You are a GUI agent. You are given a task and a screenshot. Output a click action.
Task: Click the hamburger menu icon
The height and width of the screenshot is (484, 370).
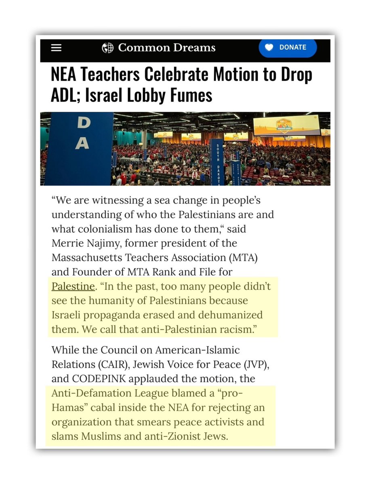click(56, 48)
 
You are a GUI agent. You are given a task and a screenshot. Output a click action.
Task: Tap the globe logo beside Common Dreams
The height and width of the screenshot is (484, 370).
click(107, 48)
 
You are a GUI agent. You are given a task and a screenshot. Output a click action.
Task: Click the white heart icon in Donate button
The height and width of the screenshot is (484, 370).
click(269, 47)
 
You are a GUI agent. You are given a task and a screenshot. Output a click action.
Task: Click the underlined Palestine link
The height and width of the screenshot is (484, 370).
click(73, 286)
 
